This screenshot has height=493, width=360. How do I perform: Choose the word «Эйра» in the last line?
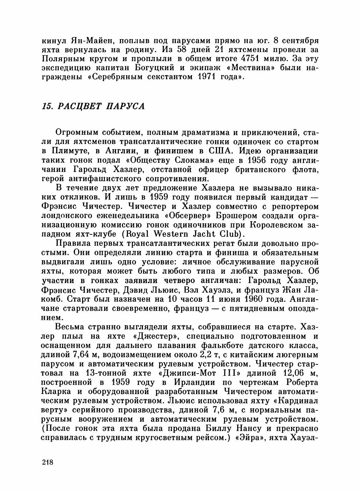(x=251, y=437)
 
